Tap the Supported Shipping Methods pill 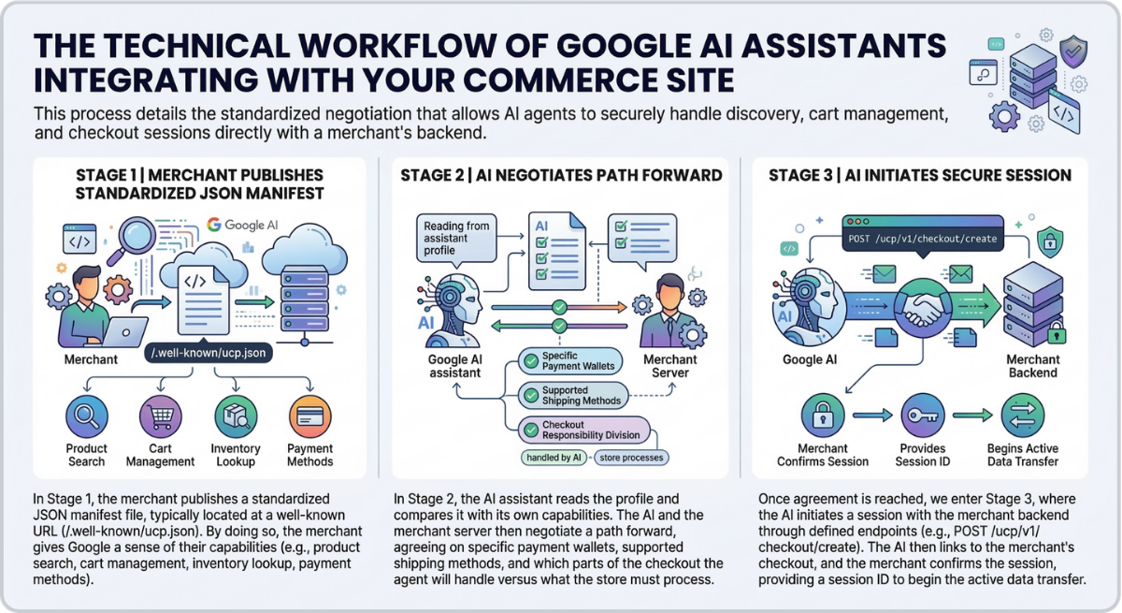pos(571,395)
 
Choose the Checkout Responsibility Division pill pos(580,429)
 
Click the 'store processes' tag pos(629,459)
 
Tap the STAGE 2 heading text pos(559,175)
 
